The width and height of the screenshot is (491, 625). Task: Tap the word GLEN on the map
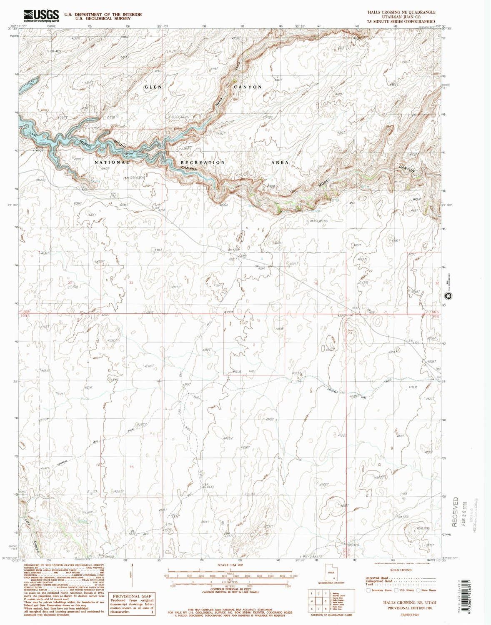[x=153, y=87]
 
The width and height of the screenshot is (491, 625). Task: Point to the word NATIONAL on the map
[x=112, y=162]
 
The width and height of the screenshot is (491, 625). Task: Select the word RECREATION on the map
[x=203, y=162]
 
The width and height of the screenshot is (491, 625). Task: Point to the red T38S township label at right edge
[x=435, y=312]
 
